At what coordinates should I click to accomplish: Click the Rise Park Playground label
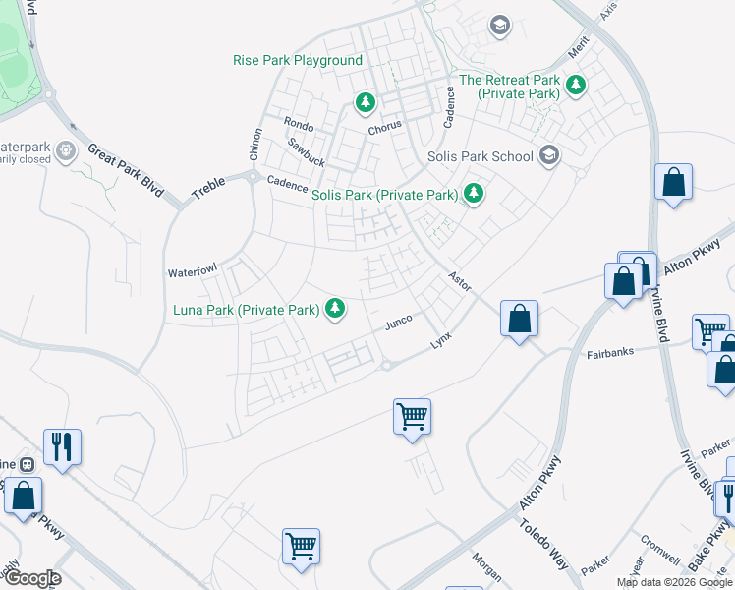[298, 61]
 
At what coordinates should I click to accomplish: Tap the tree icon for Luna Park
[336, 310]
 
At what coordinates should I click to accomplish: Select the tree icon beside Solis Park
[474, 194]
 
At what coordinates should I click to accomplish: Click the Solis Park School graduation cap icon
[548, 155]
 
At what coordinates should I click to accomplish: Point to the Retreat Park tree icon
[575, 87]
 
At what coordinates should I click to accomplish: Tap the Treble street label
[208, 189]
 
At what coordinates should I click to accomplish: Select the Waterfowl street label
[191, 271]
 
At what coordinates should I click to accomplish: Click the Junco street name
[397, 323]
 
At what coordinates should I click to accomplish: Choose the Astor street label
[459, 281]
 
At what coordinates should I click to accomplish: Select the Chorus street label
[385, 129]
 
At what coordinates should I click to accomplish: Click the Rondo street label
[298, 123]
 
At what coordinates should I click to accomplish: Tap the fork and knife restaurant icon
[62, 446]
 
